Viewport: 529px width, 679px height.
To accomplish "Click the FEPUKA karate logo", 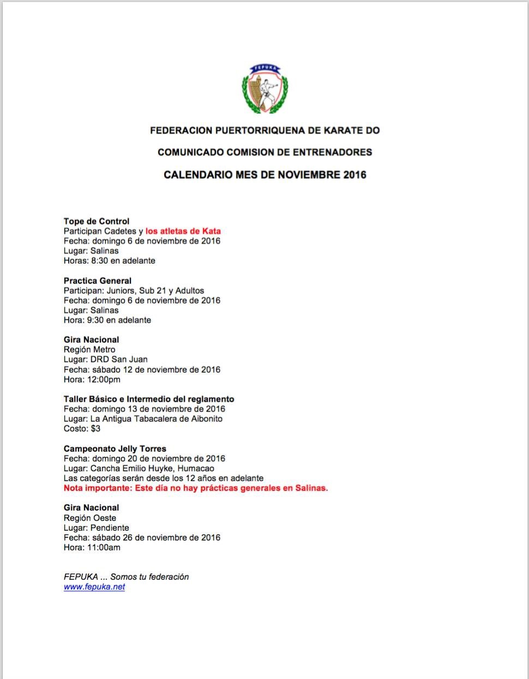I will [265, 89].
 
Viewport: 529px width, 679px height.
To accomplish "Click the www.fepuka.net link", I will [94, 587].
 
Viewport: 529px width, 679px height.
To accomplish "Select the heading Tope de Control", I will [97, 221].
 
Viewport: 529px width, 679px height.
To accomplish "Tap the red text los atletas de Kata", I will [183, 231].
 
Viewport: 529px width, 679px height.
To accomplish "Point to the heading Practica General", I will [98, 281].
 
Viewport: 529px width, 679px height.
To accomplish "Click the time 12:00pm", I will [104, 379].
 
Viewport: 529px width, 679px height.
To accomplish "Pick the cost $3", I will [95, 429].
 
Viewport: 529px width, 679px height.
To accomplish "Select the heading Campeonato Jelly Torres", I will [115, 449].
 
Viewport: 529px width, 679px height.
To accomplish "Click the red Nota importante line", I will [196, 488].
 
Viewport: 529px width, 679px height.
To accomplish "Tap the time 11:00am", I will [104, 548].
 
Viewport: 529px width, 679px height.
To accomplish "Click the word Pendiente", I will [110, 528].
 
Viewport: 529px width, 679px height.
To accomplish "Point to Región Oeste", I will [90, 518].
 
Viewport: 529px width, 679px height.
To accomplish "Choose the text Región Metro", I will [89, 349].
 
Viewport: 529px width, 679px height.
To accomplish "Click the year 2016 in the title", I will [354, 175].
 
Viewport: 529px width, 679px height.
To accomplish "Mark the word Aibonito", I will [205, 419].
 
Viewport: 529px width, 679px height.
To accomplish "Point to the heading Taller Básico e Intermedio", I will [149, 399].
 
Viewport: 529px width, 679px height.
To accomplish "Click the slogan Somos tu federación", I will [149, 577].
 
